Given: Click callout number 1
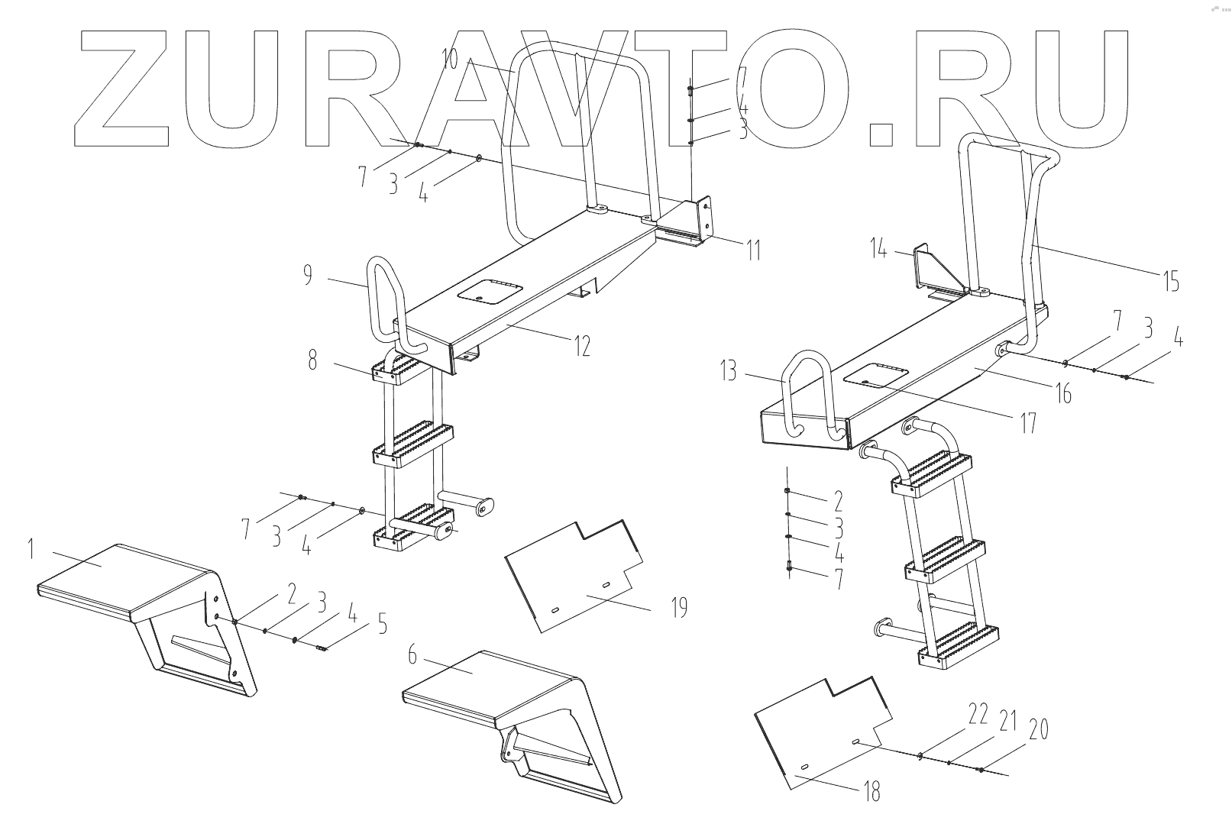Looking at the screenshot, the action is [x=31, y=549].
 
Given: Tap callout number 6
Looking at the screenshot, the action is [x=412, y=654].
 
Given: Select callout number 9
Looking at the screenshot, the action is [x=307, y=275].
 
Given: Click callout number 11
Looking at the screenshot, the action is [x=753, y=250].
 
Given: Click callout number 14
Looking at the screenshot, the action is [x=880, y=248].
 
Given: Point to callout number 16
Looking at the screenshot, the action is [x=1062, y=393].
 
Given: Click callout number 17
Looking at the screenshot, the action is [x=1029, y=422].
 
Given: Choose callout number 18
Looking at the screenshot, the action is [x=871, y=793].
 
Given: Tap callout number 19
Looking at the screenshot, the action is [x=679, y=608].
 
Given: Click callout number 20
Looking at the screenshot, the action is [x=1038, y=730].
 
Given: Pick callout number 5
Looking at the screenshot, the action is [x=381, y=625].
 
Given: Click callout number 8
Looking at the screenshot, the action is [x=312, y=360].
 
